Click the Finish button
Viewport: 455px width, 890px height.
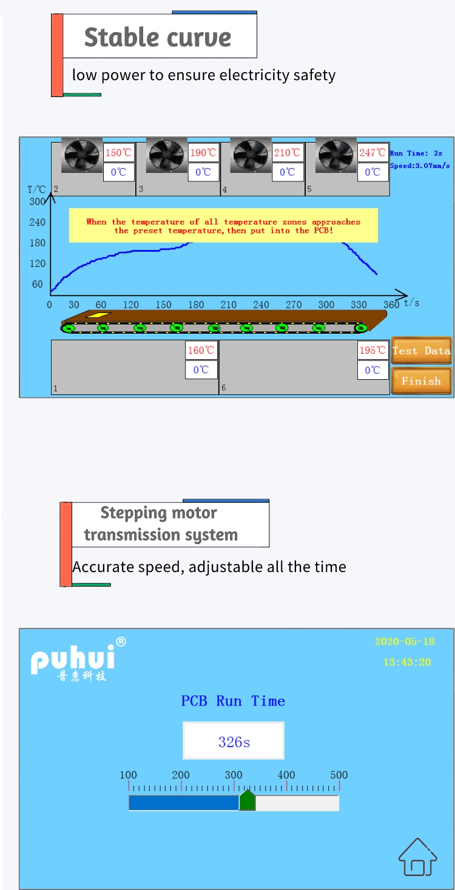[x=421, y=381]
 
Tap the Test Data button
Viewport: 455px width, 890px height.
[x=421, y=351]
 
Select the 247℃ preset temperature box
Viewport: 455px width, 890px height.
[x=372, y=153]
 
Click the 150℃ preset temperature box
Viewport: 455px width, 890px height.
[x=118, y=153]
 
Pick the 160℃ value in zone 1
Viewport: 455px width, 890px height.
[x=201, y=350]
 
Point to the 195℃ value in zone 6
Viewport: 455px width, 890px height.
[x=372, y=350]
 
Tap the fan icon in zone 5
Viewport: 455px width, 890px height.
[x=336, y=157]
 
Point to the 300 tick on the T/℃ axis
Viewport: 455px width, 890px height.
[x=37, y=202]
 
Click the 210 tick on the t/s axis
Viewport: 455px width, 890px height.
[x=228, y=305]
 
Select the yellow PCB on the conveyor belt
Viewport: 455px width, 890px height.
[x=97, y=315]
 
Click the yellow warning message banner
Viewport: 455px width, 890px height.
[x=223, y=226]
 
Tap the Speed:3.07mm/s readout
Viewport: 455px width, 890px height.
[x=420, y=165]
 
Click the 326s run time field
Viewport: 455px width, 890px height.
[x=234, y=741]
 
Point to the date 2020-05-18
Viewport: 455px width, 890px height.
[x=405, y=641]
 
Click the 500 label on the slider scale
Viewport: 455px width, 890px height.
[x=339, y=775]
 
